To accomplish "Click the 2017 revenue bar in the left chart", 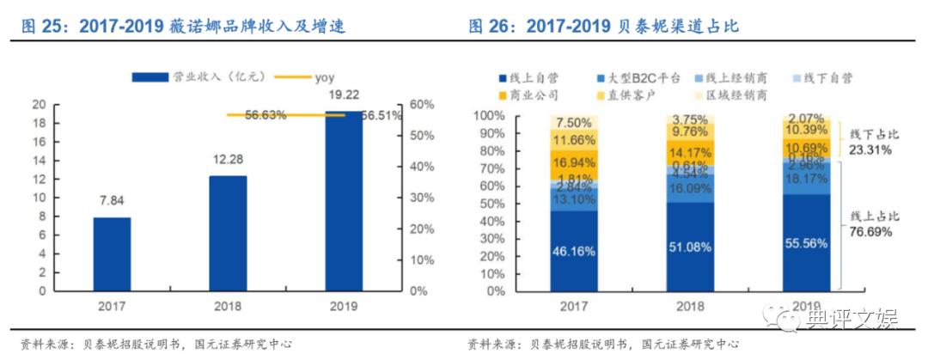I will click(112, 254).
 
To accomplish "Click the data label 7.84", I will click(112, 201).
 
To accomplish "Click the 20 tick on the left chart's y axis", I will click(38, 105).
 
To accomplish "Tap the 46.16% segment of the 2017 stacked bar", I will click(575, 250).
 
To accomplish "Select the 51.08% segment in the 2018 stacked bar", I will click(691, 247).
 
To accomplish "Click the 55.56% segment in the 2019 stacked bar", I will click(806, 243).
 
